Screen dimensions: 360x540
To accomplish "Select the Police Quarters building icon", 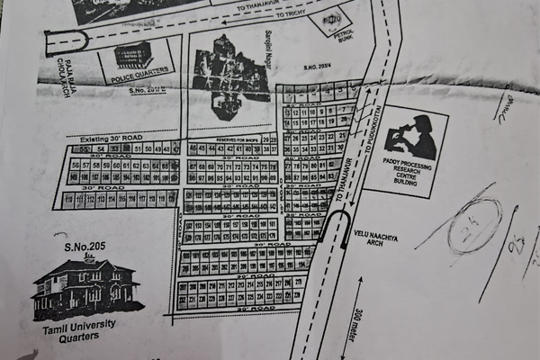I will coord(133,55).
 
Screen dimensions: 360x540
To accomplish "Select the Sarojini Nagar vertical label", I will coord(268,51).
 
